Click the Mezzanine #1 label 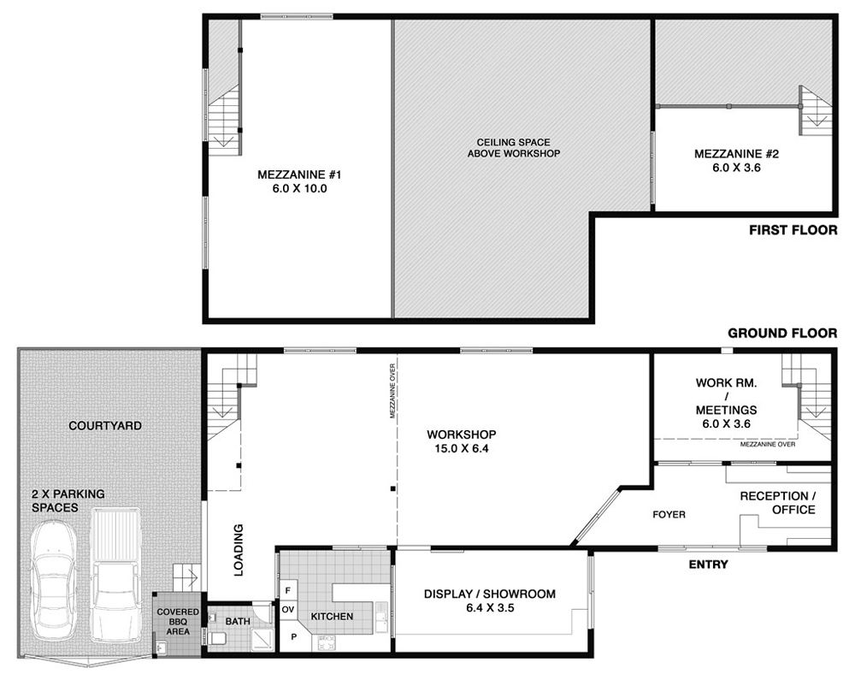[x=299, y=181]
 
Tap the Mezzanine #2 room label [x=736, y=161]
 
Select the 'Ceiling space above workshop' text [x=514, y=148]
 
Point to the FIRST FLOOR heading [x=793, y=230]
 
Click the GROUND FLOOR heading [x=782, y=334]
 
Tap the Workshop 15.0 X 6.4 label [x=462, y=441]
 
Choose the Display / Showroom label [x=490, y=601]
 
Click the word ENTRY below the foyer [x=708, y=565]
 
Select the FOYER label [x=669, y=514]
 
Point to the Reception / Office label [x=778, y=503]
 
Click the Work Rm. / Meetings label [x=726, y=403]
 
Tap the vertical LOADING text [x=239, y=550]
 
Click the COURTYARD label [x=105, y=425]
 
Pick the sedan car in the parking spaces [x=54, y=582]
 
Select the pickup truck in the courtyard [x=115, y=575]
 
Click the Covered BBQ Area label [x=178, y=622]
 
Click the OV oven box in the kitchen [x=288, y=609]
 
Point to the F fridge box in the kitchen [x=288, y=590]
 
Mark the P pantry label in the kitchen [x=294, y=636]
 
